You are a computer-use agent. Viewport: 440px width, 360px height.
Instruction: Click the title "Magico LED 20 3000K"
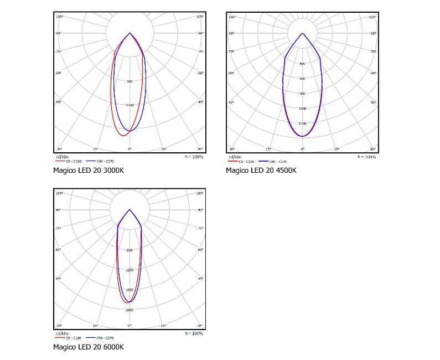[x=88, y=170]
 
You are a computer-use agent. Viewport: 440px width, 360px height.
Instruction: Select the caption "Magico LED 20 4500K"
[x=261, y=170]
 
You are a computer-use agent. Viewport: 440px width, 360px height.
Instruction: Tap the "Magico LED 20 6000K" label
[x=88, y=347]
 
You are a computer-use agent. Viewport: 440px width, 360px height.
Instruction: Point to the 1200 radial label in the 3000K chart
[x=130, y=105]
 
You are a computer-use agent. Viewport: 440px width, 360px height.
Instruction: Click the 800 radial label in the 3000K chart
[x=130, y=81]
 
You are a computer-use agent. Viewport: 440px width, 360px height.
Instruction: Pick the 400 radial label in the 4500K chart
[x=302, y=64]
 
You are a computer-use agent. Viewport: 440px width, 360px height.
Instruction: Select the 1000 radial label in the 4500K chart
[x=302, y=109]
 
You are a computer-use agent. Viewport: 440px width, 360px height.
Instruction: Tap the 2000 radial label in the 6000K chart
[x=130, y=310]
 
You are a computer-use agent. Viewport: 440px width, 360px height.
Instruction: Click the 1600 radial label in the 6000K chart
[x=130, y=290]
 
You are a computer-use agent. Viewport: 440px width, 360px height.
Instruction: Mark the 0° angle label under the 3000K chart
[x=130, y=150]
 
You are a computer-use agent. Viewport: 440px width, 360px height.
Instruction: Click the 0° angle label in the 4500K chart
[x=302, y=150]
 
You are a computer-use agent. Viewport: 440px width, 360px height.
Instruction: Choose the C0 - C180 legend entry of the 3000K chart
[x=75, y=161]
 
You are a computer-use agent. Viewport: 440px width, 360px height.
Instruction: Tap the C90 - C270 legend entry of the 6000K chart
[x=104, y=337]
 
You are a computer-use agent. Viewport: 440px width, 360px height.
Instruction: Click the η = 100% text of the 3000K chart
[x=194, y=157]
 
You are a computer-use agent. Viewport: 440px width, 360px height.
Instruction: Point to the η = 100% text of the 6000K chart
[x=194, y=333]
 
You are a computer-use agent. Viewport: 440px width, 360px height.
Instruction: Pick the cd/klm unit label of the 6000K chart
[x=61, y=333]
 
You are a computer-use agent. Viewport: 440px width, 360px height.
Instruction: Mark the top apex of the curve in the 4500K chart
[x=302, y=33]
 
